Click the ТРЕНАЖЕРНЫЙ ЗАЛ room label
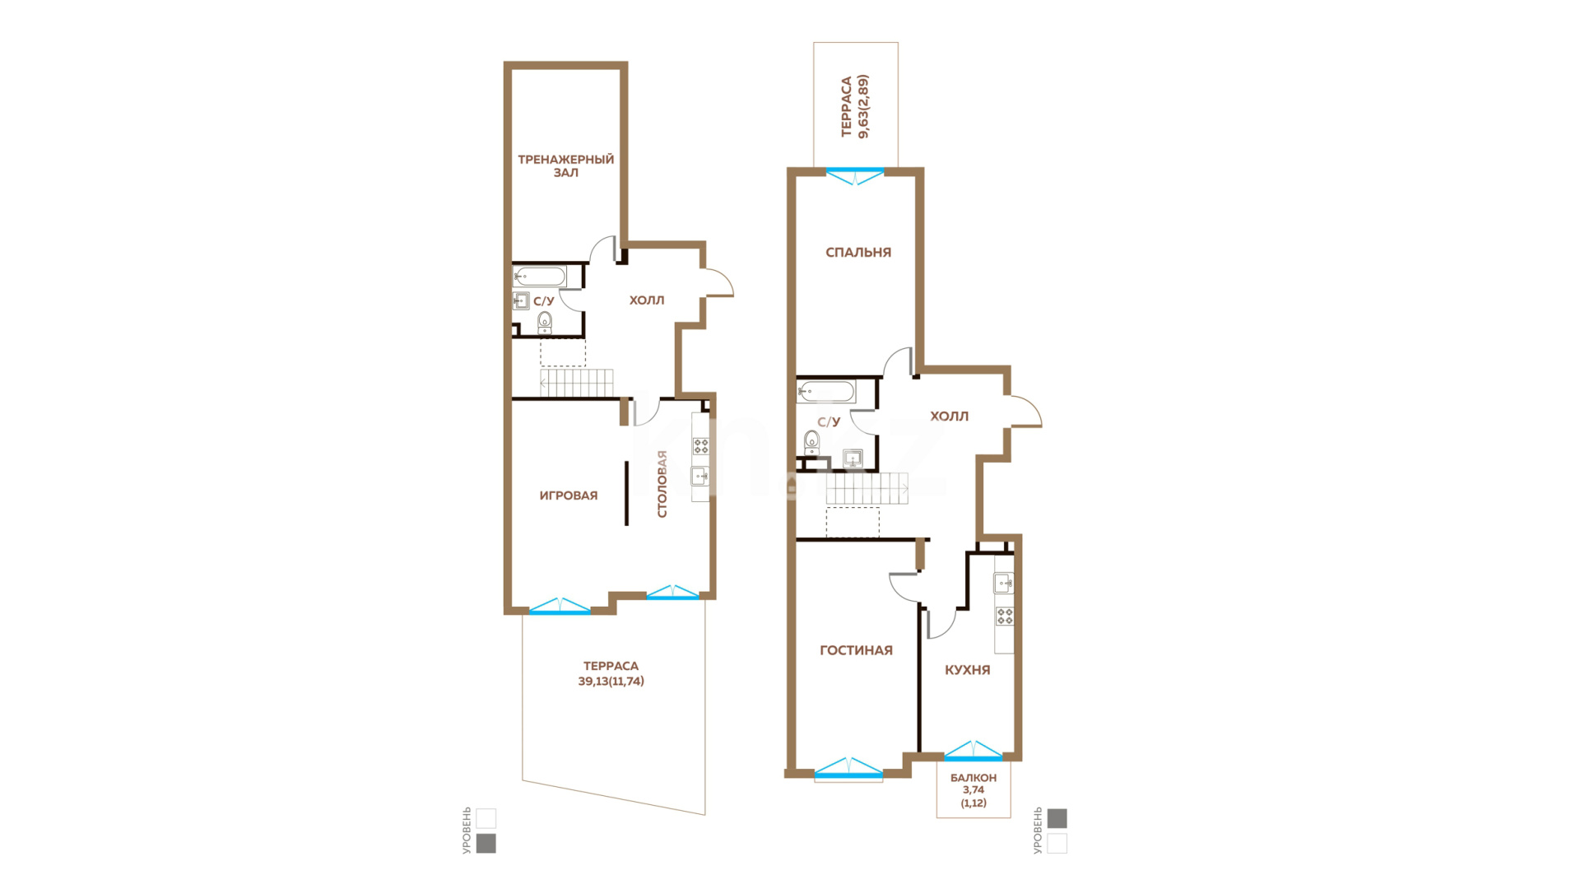pos(565,165)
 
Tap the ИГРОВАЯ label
pos(569,496)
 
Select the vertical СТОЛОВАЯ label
pos(662,484)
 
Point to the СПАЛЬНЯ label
pos(858,253)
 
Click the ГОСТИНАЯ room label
pos(856,650)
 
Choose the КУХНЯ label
pos(968,670)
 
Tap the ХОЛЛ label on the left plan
pos(647,300)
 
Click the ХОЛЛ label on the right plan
pos(950,417)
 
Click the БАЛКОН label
pos(974,778)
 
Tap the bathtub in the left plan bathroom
pos(540,277)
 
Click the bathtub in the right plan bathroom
pos(826,391)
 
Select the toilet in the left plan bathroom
pos(545,323)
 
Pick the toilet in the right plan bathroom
pos(812,442)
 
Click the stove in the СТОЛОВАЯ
pos(701,446)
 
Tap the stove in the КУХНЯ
pos(1005,616)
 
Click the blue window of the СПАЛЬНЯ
pos(855,175)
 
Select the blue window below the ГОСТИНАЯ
pos(848,768)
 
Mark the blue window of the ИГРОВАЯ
pos(560,607)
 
